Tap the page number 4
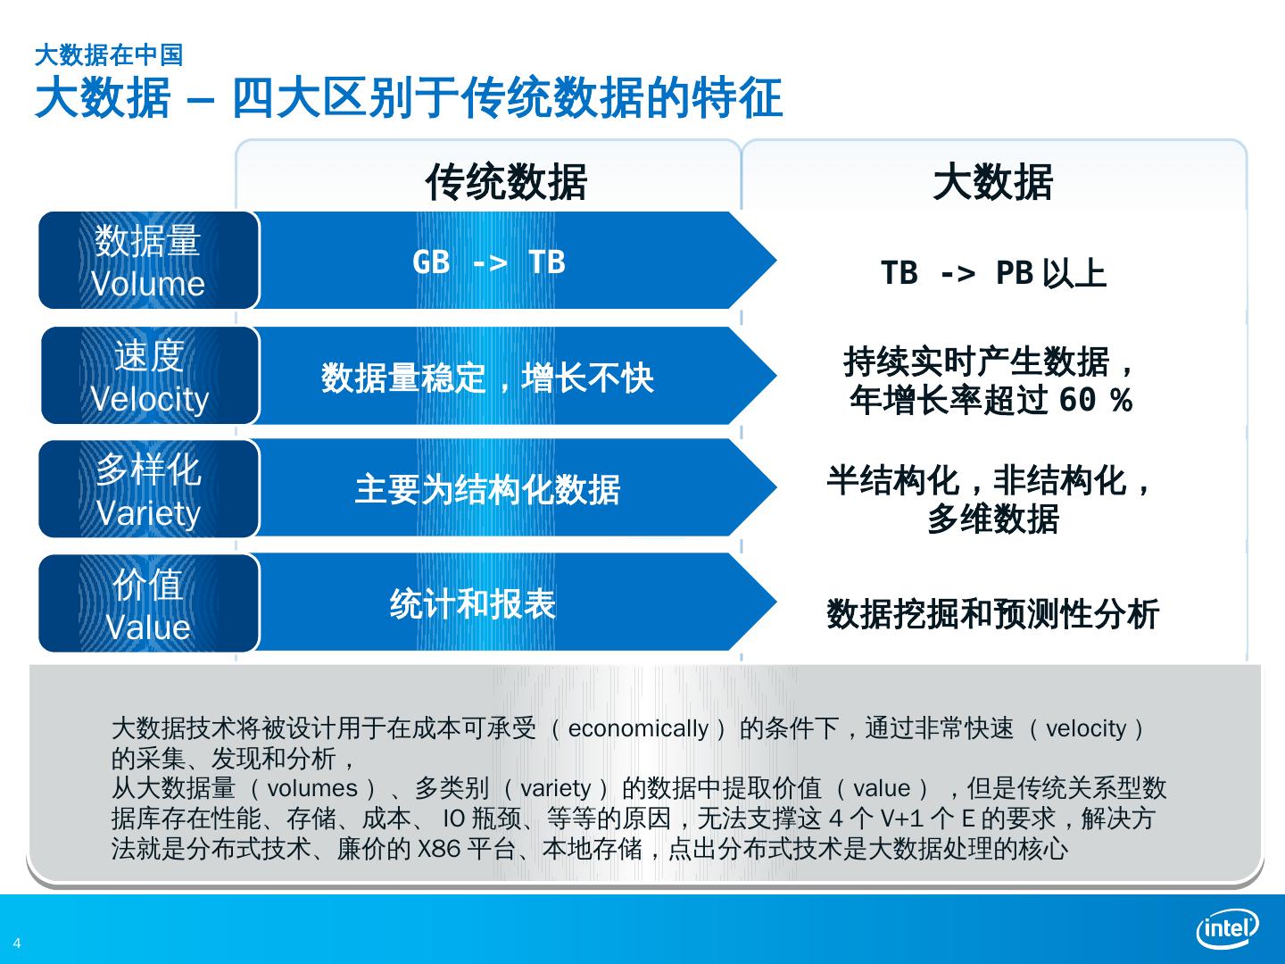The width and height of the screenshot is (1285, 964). point(17,944)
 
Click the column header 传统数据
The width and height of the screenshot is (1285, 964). point(506,182)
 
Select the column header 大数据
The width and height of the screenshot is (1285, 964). point(992,182)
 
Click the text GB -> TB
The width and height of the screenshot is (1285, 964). point(489,262)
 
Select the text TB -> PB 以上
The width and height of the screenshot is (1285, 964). point(992,273)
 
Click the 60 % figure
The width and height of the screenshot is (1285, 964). point(1095,401)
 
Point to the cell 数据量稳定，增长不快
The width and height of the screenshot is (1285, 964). point(487,378)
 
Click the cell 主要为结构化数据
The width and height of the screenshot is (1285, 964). point(487,489)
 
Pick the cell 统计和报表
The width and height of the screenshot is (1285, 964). point(473,604)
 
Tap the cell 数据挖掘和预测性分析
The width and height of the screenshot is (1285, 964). point(992,614)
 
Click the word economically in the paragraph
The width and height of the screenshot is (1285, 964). point(638,729)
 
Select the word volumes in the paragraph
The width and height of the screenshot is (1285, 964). point(312,789)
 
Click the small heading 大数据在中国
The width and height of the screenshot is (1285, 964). point(108,55)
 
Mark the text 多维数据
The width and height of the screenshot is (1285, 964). point(992,519)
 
